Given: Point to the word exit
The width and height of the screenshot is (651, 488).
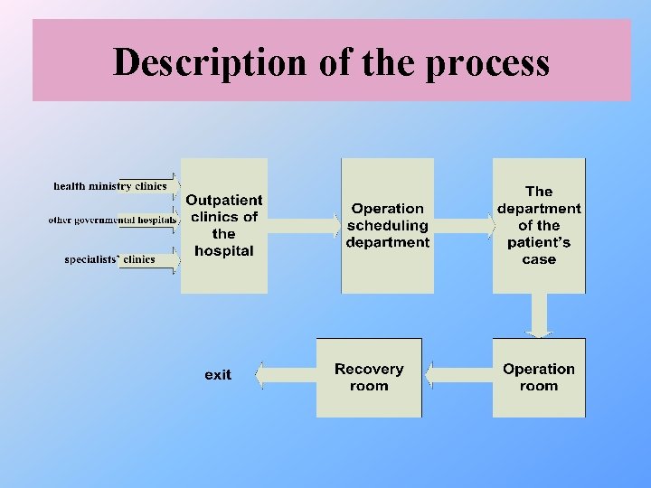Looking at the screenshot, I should [x=218, y=375].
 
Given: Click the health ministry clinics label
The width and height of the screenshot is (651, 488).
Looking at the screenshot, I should [x=110, y=186].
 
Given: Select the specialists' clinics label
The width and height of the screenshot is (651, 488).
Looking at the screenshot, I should [x=109, y=259].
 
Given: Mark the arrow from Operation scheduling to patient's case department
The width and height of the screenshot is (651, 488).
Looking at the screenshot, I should [x=463, y=225].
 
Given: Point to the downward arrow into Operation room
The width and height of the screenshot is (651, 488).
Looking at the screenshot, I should [x=540, y=315].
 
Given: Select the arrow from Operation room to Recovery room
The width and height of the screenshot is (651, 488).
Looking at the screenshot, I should [x=458, y=375].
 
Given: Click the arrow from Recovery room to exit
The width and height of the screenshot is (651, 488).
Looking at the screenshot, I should [x=286, y=375].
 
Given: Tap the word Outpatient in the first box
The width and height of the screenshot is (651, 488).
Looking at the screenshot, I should [x=224, y=200].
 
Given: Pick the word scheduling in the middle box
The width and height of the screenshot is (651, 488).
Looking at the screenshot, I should [x=388, y=225].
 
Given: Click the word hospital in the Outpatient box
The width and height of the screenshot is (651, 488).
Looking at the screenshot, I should [x=224, y=251].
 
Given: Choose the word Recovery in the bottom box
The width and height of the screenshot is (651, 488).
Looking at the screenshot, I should [x=369, y=369].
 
